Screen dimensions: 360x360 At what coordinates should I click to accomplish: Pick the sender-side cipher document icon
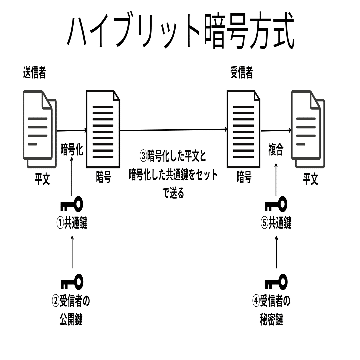pos(103,129)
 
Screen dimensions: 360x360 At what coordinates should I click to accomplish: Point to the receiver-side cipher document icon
pos(243,129)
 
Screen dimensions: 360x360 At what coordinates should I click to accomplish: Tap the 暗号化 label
pos(72,150)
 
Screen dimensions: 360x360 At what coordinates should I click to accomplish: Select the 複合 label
pos(276,151)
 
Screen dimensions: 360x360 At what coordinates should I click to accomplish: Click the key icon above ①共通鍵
pos(72,205)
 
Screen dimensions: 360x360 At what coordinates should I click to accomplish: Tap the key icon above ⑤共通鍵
pos(276,205)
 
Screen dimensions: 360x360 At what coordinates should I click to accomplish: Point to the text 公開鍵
pos(71,320)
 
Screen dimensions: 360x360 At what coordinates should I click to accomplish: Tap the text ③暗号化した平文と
pos(173,156)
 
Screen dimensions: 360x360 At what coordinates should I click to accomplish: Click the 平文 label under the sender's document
pos(43,180)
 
